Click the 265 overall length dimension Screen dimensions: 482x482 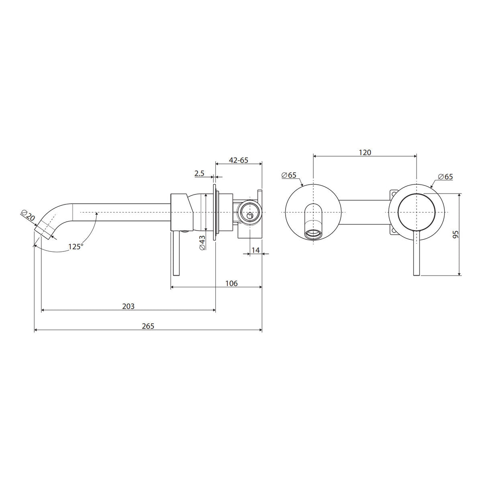click(148, 326)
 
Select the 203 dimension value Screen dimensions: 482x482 click(128, 306)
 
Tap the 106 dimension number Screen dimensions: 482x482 click(231, 284)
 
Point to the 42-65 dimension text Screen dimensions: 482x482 click(239, 160)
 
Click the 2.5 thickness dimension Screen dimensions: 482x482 click(199, 173)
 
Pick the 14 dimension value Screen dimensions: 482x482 click(255, 250)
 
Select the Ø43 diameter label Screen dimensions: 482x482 click(202, 243)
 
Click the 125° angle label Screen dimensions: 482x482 click(76, 247)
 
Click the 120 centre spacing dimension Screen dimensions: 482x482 click(365, 152)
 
